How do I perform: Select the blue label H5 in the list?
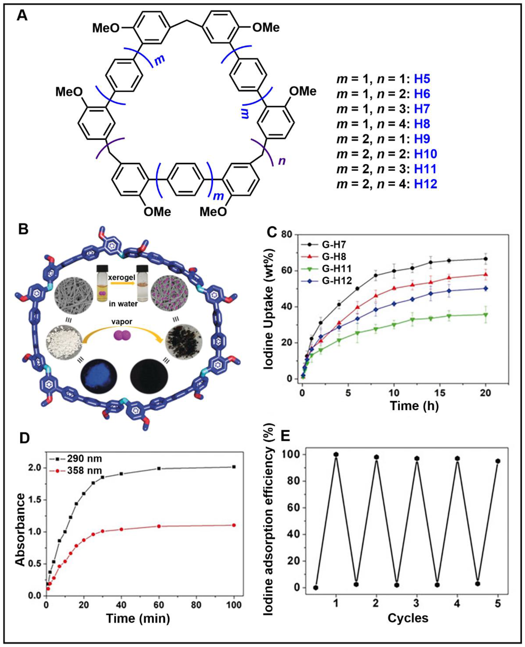point(422,79)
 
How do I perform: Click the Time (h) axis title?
point(414,405)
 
